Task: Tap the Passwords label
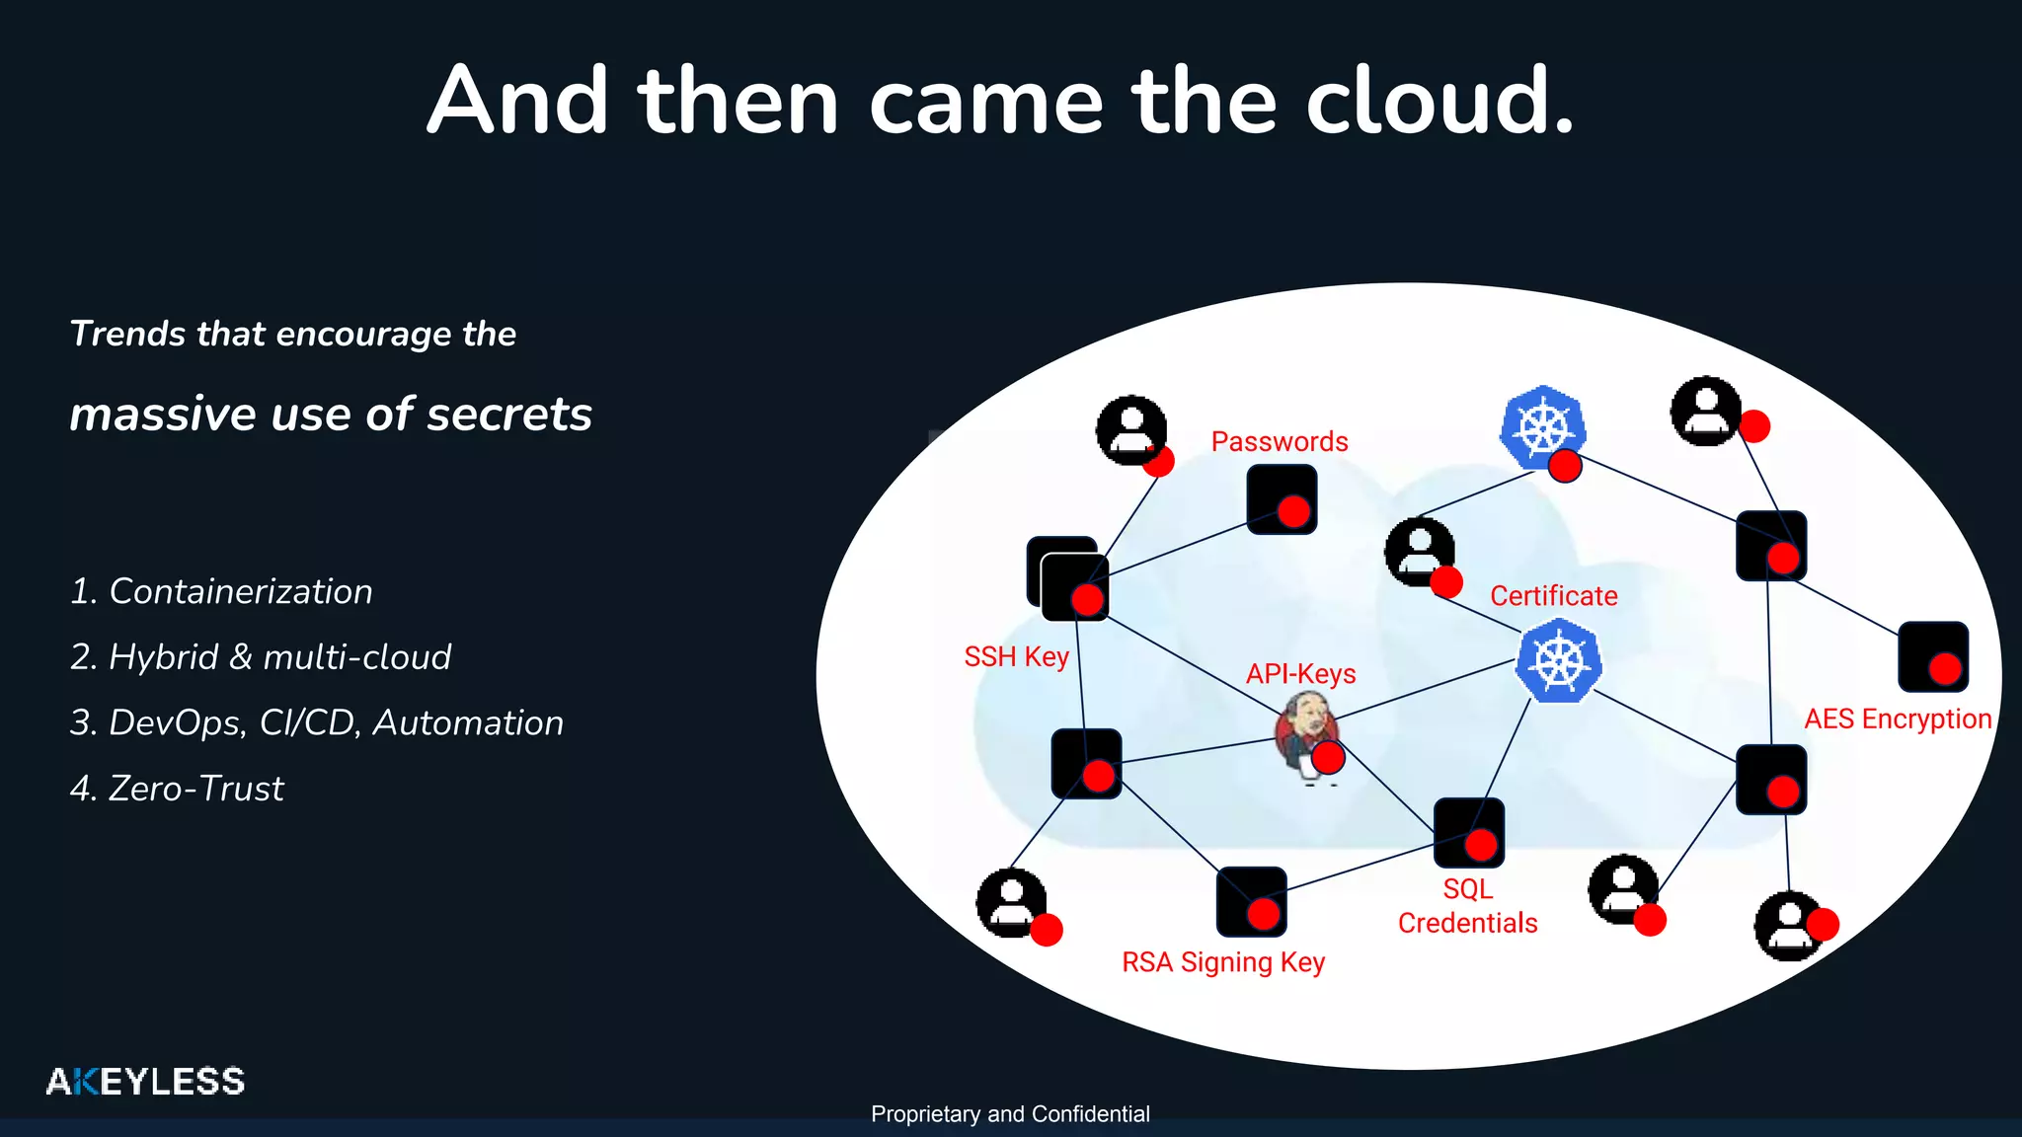click(1280, 441)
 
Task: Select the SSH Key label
click(1016, 656)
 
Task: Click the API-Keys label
click(1300, 674)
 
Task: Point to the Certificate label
click(1553, 596)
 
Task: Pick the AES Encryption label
click(1897, 719)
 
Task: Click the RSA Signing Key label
click(1222, 961)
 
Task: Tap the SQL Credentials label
click(1467, 906)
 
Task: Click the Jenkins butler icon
click(1305, 734)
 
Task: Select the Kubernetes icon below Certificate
click(1558, 660)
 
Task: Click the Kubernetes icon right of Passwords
click(1542, 427)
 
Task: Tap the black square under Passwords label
click(1281, 499)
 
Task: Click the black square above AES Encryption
click(1932, 656)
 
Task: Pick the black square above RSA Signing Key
click(1251, 901)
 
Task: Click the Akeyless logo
click(145, 1082)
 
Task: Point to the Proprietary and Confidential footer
click(1010, 1114)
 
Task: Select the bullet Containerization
click(222, 591)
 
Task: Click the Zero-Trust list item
click(178, 789)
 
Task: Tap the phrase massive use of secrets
click(331, 414)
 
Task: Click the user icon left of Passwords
click(1130, 430)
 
